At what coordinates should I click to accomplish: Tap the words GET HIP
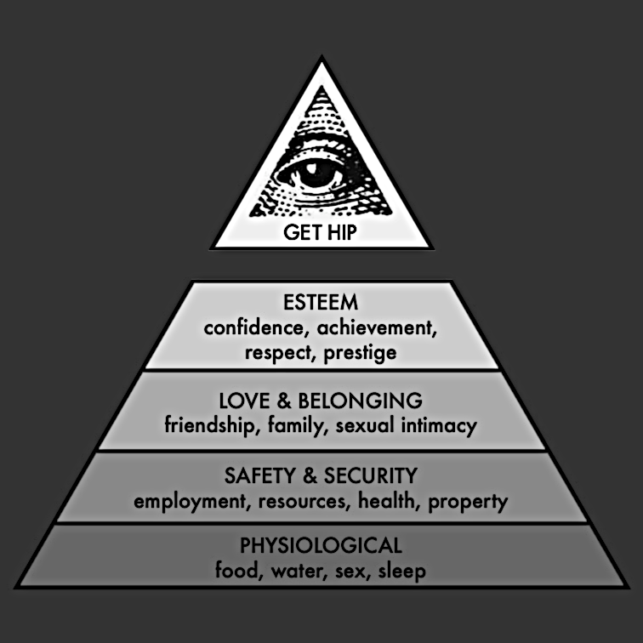tap(321, 231)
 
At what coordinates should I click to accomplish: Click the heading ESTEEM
tap(321, 302)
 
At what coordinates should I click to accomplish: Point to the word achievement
tap(384, 327)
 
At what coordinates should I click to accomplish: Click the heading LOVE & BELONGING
tap(321, 400)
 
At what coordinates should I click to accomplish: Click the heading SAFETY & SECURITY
tap(321, 475)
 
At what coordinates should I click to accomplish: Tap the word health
tap(385, 500)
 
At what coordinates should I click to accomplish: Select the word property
tap(468, 500)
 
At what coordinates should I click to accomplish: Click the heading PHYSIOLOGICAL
tap(321, 544)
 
